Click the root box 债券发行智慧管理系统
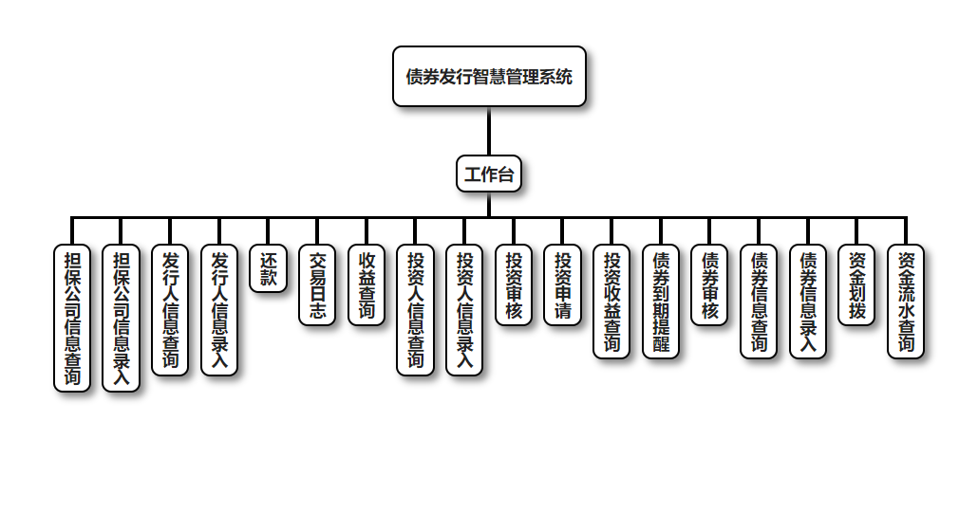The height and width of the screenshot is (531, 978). pos(489,77)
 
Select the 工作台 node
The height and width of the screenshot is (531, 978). pos(489,174)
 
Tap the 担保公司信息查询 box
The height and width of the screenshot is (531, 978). pos(72,318)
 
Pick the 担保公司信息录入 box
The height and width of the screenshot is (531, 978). pos(122,318)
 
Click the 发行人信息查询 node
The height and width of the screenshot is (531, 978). pos(170,310)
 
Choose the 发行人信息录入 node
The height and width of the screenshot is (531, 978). pos(219,310)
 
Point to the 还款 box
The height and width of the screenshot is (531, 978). pos(269,268)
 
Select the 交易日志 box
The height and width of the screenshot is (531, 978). pos(317,285)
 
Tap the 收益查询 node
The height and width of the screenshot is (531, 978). pos(367,285)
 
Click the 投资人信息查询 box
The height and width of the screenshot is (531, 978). pos(415,310)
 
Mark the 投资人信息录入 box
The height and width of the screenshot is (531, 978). pos(464,310)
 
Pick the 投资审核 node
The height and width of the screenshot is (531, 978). pos(514,285)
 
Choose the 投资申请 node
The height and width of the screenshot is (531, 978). pos(562,285)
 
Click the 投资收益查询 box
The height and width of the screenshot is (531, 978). pos(611,302)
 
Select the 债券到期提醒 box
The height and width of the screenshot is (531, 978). pos(661,302)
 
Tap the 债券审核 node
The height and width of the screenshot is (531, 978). pos(709,285)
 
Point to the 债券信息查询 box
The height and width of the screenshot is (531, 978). pos(759,302)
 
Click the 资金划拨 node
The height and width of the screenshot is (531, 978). pos(856,285)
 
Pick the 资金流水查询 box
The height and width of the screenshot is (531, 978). pos(906,302)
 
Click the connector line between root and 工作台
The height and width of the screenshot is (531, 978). pos(489,131)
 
